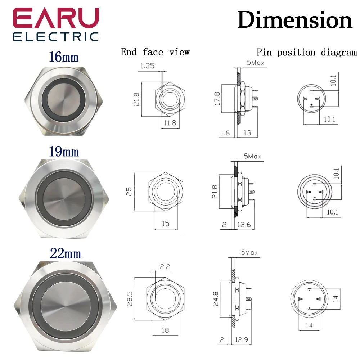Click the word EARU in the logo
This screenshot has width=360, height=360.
[56, 18]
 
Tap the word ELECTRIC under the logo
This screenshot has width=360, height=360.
[56, 37]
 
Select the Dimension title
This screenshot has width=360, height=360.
[295, 20]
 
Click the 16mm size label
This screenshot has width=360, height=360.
[64, 57]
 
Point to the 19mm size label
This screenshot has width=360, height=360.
[64, 152]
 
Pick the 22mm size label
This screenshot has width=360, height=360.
[66, 254]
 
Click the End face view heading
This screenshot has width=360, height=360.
[155, 52]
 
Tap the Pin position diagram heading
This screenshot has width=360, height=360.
[307, 52]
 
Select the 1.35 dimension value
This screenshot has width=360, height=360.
[147, 66]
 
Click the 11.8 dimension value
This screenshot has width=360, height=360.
[170, 123]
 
